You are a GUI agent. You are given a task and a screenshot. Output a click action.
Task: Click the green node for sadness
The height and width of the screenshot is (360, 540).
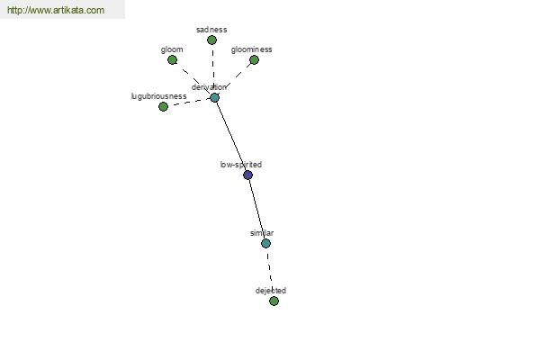click(211, 40)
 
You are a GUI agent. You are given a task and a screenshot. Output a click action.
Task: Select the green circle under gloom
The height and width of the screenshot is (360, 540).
click(172, 60)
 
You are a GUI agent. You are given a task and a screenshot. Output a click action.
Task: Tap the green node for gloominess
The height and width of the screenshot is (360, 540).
click(254, 60)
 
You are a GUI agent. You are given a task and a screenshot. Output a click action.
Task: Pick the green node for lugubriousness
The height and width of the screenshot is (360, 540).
click(163, 107)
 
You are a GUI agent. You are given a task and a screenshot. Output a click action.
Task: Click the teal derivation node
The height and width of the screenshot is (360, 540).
click(214, 98)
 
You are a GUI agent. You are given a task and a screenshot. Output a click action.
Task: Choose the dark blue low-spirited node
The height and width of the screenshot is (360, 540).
click(248, 175)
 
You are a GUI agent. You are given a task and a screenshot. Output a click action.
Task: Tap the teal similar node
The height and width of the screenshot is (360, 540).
click(265, 244)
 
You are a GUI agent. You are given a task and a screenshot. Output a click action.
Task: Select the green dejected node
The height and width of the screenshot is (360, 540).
click(274, 301)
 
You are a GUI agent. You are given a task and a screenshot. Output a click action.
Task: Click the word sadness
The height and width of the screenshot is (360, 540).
click(211, 30)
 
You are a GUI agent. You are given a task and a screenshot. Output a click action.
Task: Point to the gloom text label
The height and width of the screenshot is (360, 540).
click(172, 50)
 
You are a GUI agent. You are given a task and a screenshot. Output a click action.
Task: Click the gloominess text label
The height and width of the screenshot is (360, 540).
click(251, 50)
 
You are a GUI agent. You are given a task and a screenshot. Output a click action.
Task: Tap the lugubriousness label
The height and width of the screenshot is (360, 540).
click(158, 96)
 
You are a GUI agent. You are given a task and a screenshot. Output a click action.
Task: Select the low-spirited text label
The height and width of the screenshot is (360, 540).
click(241, 165)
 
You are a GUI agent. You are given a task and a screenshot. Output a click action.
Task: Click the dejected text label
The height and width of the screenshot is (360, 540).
click(271, 291)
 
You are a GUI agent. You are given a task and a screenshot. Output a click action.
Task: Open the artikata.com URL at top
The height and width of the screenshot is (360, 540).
click(56, 10)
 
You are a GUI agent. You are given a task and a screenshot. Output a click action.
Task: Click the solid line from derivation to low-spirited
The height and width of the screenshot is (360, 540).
click(231, 137)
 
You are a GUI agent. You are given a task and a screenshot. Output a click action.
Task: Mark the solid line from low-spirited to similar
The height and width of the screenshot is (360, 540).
click(256, 210)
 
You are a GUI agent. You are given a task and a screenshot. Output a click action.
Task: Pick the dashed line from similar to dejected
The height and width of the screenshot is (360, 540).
click(270, 272)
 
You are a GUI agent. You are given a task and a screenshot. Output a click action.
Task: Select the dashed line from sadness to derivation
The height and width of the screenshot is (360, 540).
click(213, 69)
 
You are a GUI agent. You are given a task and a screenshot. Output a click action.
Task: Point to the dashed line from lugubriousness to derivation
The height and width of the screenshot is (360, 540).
click(189, 103)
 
